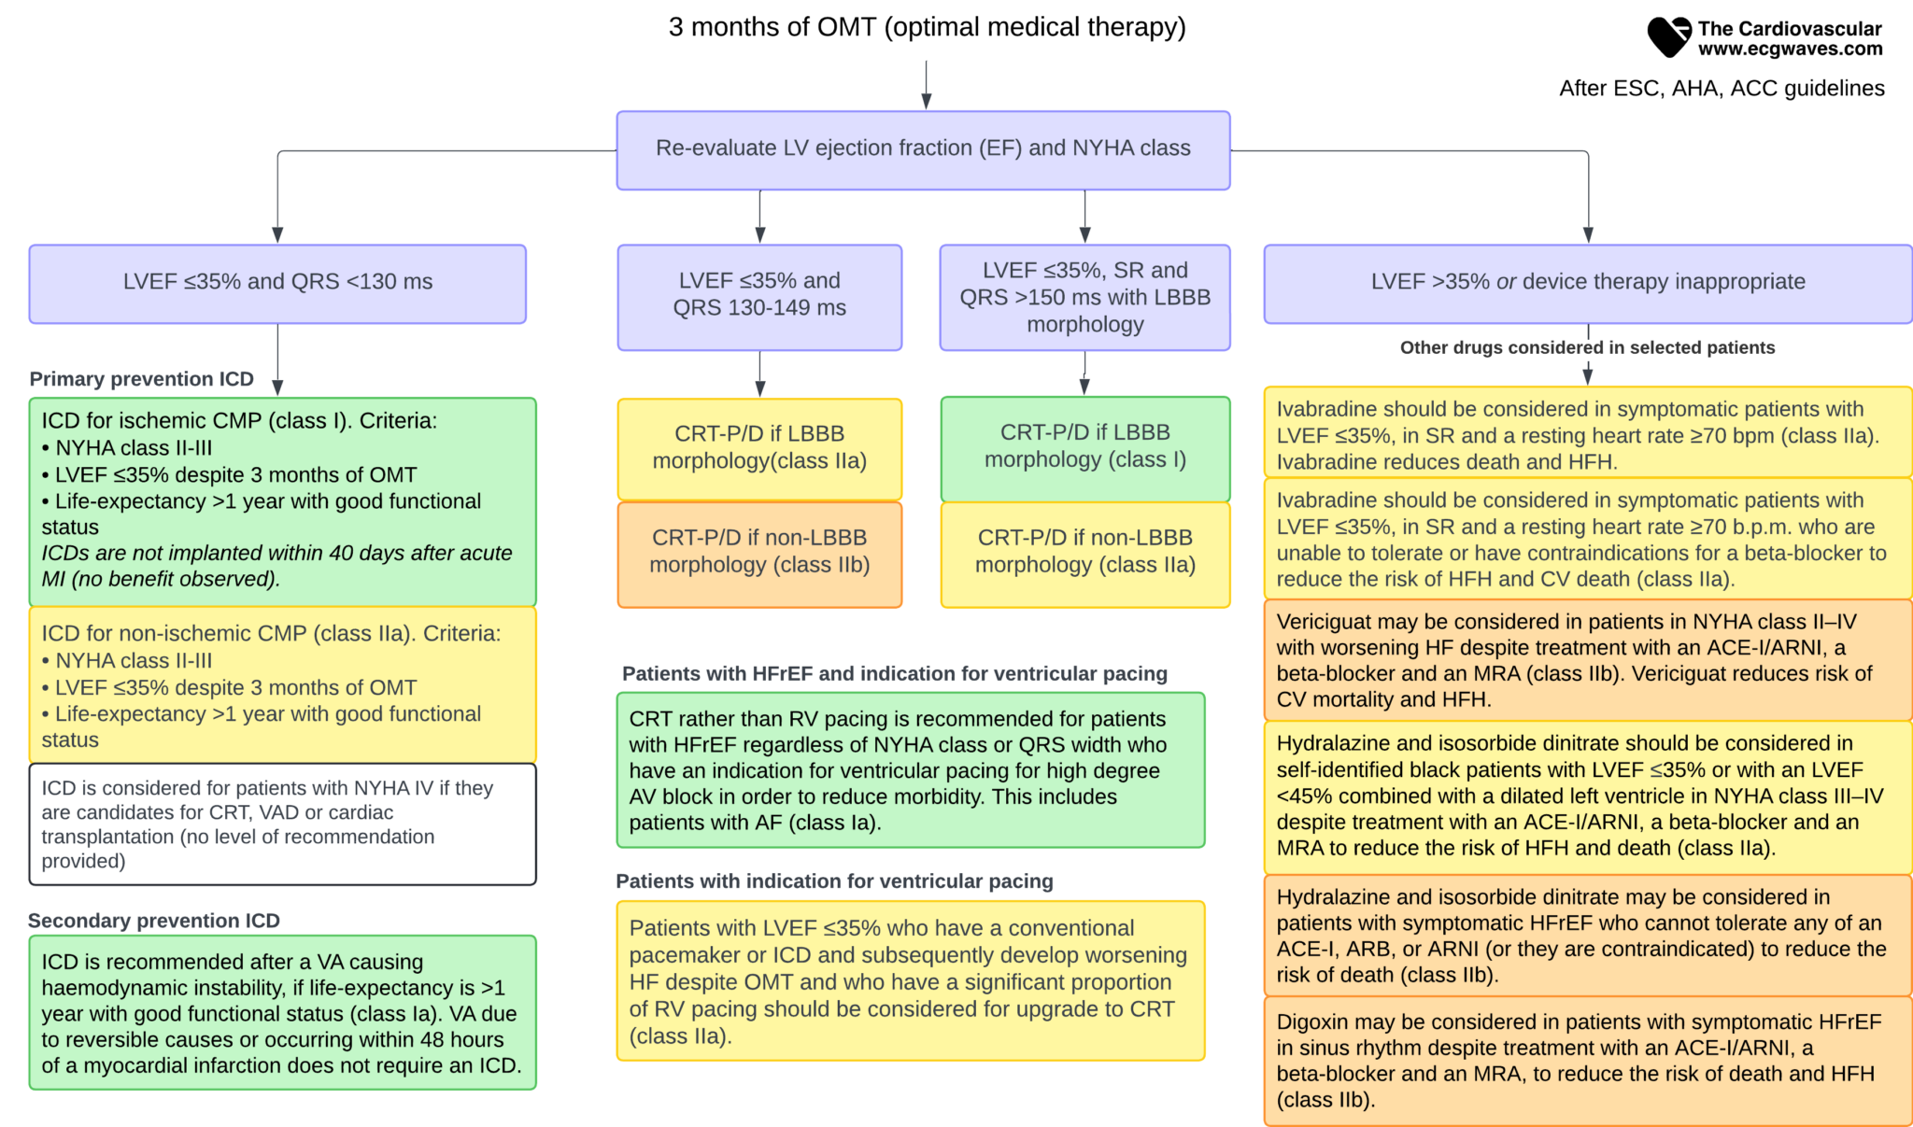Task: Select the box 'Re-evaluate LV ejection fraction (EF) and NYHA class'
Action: pos(923,149)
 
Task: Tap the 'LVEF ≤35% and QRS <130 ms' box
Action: pos(277,283)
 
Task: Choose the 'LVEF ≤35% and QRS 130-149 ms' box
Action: pos(759,296)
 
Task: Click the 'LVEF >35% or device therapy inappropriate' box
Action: pos(1587,283)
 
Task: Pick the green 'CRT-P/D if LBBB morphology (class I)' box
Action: pos(1084,447)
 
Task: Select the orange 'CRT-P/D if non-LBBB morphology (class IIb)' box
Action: pos(759,553)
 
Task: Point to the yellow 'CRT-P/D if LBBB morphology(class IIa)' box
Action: pos(759,448)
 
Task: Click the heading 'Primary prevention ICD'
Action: pos(142,379)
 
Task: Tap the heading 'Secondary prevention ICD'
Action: pos(154,921)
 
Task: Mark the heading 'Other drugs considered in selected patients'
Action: pos(1587,348)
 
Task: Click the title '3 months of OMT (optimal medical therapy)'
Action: pos(927,28)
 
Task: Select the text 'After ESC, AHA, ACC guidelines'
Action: pos(1722,89)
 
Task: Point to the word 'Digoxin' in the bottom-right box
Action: pos(1313,1022)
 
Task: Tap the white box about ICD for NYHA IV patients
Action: pos(282,824)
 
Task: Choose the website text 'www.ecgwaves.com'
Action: pos(1790,49)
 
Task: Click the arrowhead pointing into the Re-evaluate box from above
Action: pos(927,101)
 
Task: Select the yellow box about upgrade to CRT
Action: pos(911,980)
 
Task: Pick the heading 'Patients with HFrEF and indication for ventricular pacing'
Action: pos(895,674)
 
